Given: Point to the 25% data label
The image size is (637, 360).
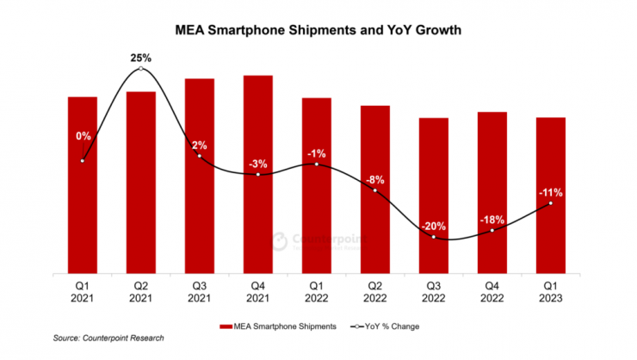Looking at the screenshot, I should click(x=141, y=58).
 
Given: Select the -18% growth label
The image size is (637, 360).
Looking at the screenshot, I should click(x=492, y=220).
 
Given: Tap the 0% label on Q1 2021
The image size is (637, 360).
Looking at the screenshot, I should click(x=83, y=135).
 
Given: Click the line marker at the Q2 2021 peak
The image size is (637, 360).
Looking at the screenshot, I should click(x=141, y=68).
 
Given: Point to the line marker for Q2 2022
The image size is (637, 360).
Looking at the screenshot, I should click(x=375, y=190).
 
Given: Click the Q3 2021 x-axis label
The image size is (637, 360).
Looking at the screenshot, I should click(x=200, y=291).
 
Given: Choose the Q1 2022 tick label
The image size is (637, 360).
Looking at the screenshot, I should click(x=317, y=291).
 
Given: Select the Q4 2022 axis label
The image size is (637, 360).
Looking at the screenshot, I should click(x=492, y=291).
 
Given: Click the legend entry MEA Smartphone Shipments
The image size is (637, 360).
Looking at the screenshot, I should click(x=275, y=326).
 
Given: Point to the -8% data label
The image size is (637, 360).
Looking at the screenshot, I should click(x=375, y=180).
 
